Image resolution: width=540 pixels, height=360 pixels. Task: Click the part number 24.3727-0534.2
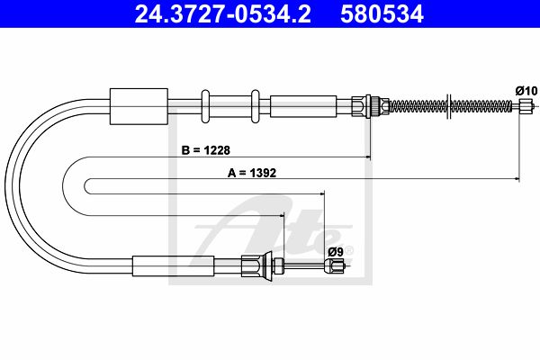[x=222, y=14]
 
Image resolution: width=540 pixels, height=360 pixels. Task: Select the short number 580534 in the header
[x=382, y=14]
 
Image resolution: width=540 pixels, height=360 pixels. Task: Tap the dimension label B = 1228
[x=205, y=150]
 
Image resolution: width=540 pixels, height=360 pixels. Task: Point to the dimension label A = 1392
[x=252, y=173]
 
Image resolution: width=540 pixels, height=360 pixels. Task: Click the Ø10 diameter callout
[x=526, y=91]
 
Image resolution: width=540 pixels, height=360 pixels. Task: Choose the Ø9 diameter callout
[x=336, y=252]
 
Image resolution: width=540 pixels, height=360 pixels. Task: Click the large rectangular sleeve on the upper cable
[x=139, y=106]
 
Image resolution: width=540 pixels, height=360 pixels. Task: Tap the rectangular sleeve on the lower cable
[x=173, y=266]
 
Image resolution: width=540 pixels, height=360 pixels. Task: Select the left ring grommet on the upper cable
[x=205, y=106]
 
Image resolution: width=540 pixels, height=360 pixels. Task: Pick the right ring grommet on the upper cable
[x=256, y=106]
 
